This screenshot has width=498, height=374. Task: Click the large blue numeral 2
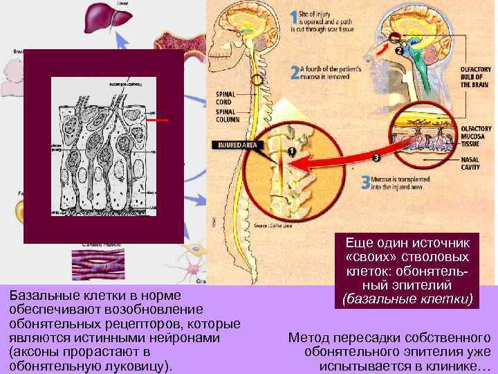tap(295, 72)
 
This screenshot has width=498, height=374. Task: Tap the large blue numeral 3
tap(366, 183)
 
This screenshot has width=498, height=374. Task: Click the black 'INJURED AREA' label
tap(239, 145)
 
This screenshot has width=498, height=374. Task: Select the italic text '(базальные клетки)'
tap(407, 299)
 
